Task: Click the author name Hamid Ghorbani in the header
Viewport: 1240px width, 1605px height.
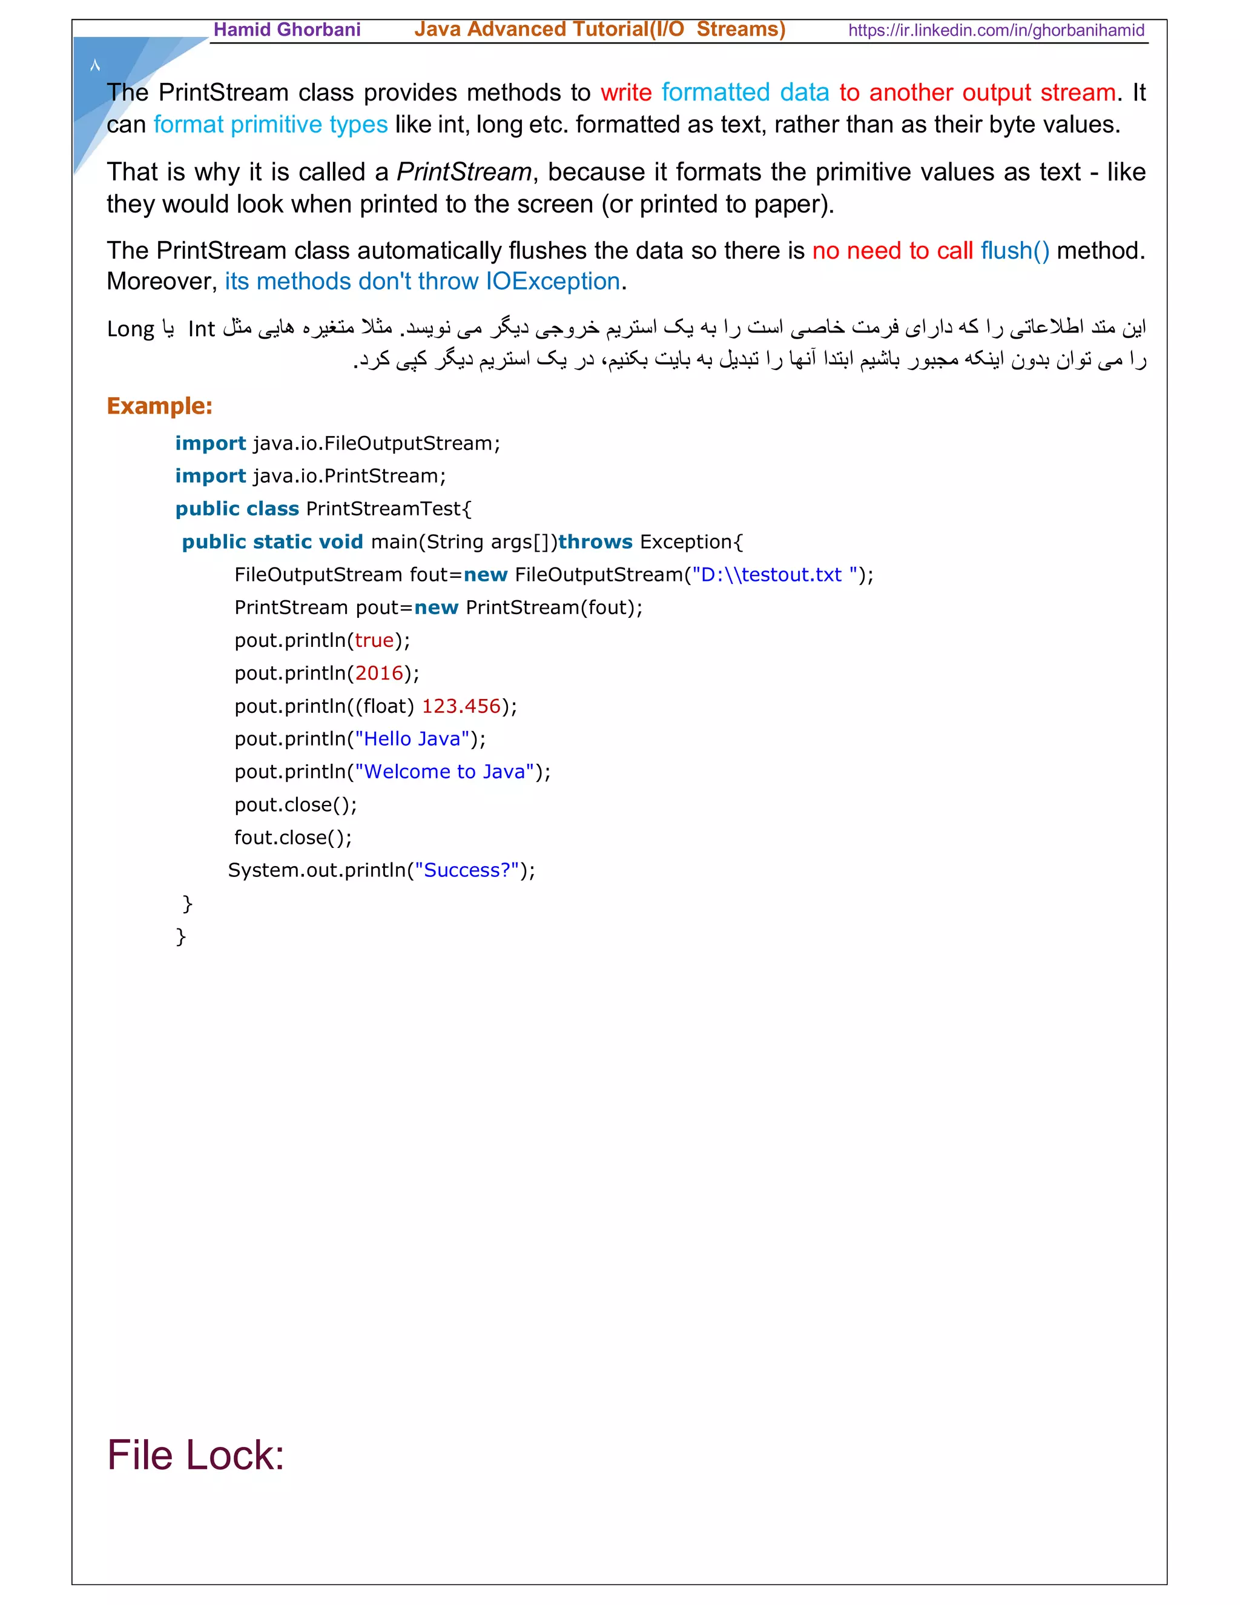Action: pyautogui.click(x=286, y=30)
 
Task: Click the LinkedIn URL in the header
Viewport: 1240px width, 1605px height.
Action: pyautogui.click(x=995, y=30)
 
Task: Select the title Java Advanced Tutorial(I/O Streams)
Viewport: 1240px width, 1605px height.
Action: pyautogui.click(x=599, y=30)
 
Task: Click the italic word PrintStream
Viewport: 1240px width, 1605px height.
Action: pyautogui.click(x=464, y=172)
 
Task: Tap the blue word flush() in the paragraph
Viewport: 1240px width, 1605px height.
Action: pyautogui.click(x=1015, y=251)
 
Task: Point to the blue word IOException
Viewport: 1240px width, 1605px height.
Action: pyautogui.click(x=552, y=282)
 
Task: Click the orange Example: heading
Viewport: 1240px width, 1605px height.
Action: pyautogui.click(x=159, y=406)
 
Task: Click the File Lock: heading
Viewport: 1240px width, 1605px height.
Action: pyautogui.click(x=196, y=1455)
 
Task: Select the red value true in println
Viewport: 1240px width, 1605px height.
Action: pyautogui.click(x=374, y=640)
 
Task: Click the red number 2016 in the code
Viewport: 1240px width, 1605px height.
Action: pyautogui.click(x=379, y=673)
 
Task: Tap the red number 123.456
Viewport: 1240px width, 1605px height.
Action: pyautogui.click(x=461, y=706)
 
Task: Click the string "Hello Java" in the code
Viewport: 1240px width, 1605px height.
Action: pyautogui.click(x=412, y=738)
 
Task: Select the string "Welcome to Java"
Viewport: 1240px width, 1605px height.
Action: pyautogui.click(x=444, y=772)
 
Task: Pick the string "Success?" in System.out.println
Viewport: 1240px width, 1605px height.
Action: pyautogui.click(x=466, y=870)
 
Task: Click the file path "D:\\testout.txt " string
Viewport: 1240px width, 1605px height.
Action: pyautogui.click(x=774, y=575)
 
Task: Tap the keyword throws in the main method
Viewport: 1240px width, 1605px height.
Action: pyautogui.click(x=595, y=541)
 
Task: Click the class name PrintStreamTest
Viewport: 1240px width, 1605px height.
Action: pyautogui.click(x=384, y=509)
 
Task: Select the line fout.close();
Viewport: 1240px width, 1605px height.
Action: pyautogui.click(x=293, y=838)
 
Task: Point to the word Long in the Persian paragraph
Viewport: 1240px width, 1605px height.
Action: pyautogui.click(x=131, y=328)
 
